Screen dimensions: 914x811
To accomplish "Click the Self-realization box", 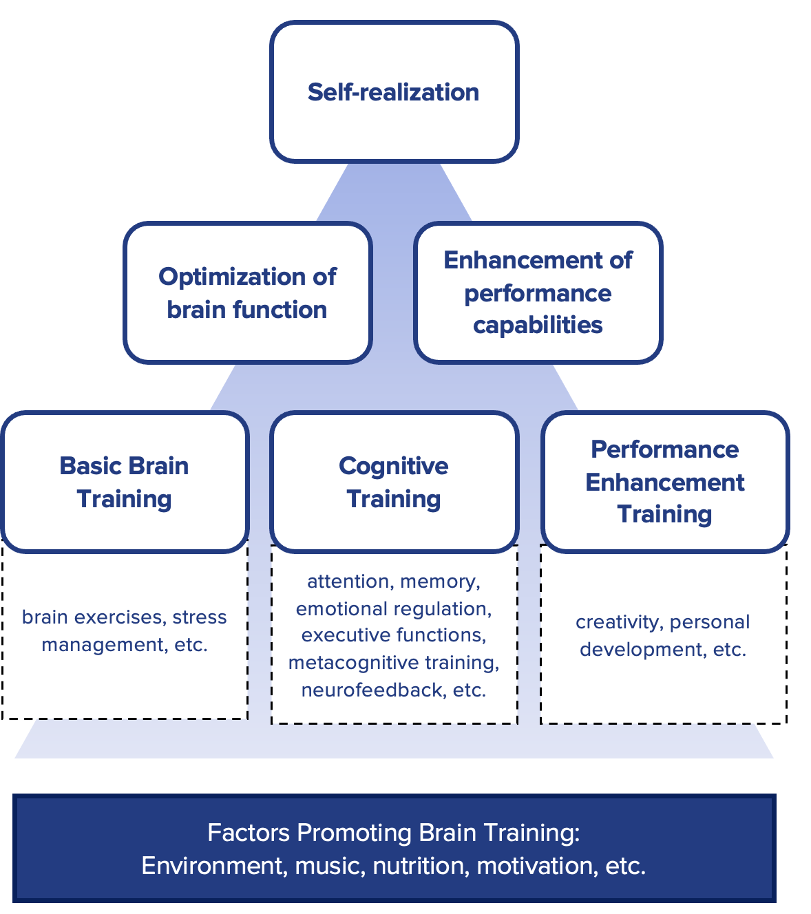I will [x=394, y=92].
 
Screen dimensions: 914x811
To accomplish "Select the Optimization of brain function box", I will [x=248, y=293].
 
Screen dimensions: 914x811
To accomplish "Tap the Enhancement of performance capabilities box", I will [x=538, y=293].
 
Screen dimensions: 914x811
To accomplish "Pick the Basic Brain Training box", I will [x=125, y=482].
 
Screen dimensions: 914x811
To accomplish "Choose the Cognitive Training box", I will [x=394, y=482].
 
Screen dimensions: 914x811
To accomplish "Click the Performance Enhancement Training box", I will [x=664, y=482].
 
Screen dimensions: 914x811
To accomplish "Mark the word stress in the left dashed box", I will [x=200, y=617].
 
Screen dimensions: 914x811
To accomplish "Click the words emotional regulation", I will [x=394, y=609].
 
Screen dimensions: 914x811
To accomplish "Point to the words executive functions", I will [x=394, y=635].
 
